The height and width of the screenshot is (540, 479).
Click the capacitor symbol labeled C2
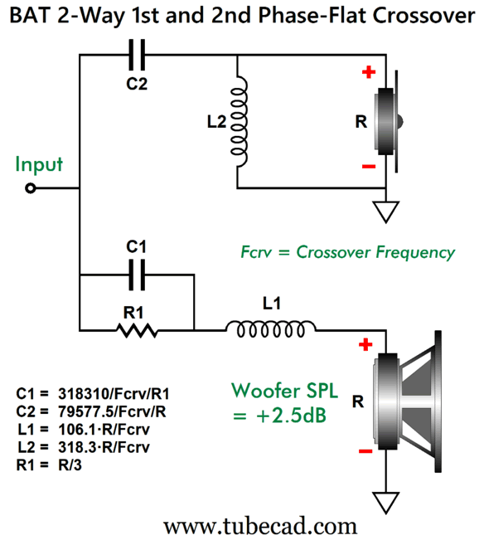(x=137, y=55)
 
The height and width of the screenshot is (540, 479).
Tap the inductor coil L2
(x=239, y=121)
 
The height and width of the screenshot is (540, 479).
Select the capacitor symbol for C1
(x=137, y=275)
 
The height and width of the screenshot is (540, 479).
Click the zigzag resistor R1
(x=138, y=330)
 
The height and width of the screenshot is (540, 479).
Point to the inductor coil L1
(x=271, y=328)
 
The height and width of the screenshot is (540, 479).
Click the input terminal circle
(x=31, y=188)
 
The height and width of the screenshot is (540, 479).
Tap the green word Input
(x=39, y=164)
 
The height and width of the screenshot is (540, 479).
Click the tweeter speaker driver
(x=389, y=121)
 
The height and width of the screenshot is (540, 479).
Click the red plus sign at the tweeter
(x=369, y=72)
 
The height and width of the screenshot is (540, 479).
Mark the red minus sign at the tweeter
(x=369, y=167)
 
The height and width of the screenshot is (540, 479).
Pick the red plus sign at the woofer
(x=365, y=344)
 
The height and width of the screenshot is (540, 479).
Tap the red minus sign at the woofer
(x=365, y=451)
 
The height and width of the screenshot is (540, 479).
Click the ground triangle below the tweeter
(x=386, y=212)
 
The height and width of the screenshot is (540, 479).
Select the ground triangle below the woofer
(x=386, y=503)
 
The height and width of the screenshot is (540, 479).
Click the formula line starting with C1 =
(x=93, y=394)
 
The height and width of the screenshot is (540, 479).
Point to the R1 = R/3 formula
(x=49, y=465)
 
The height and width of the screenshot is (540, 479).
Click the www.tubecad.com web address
(x=260, y=527)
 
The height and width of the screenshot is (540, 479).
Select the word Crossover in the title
(x=423, y=16)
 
